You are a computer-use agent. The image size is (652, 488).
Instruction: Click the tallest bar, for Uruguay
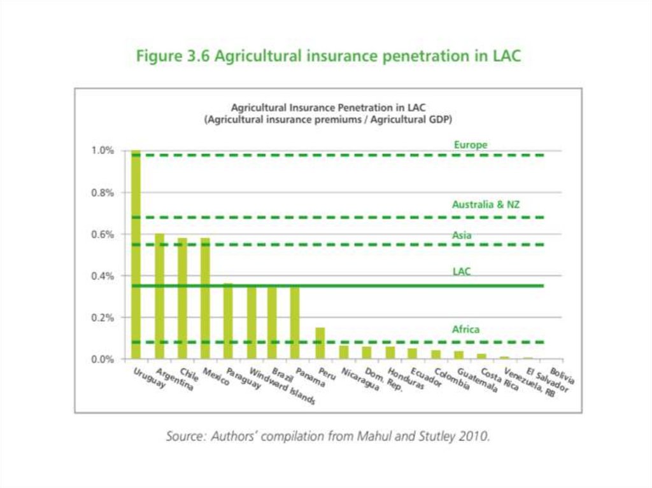[x=136, y=254]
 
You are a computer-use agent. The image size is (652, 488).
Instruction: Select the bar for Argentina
[x=159, y=296]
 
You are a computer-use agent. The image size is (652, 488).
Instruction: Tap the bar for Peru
[x=320, y=344]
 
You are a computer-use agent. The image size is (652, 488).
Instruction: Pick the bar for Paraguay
[x=228, y=321]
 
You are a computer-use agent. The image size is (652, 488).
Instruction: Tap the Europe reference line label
[x=470, y=145]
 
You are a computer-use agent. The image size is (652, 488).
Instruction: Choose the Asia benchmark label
[x=462, y=235]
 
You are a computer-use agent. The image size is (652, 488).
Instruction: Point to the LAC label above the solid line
[x=462, y=272]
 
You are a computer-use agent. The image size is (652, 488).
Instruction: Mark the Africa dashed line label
[x=465, y=330]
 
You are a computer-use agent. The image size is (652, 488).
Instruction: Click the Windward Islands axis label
[x=281, y=386]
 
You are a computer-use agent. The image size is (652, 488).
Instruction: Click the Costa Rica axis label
[x=499, y=380]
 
